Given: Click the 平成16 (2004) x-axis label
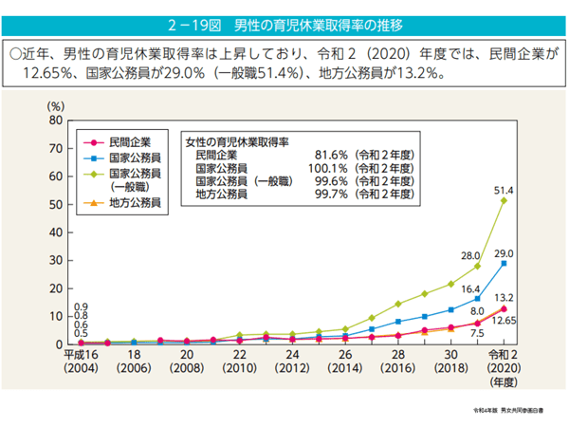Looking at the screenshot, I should tap(82, 362).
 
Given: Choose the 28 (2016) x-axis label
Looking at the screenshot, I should tap(398, 362).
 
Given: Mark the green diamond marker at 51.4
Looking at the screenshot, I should tap(504, 201).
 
